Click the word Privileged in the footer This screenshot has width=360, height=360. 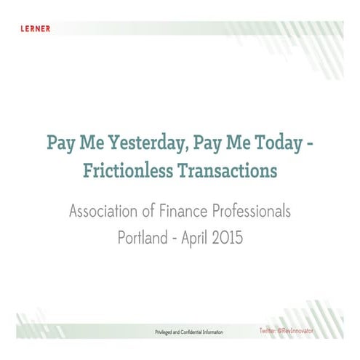167,331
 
